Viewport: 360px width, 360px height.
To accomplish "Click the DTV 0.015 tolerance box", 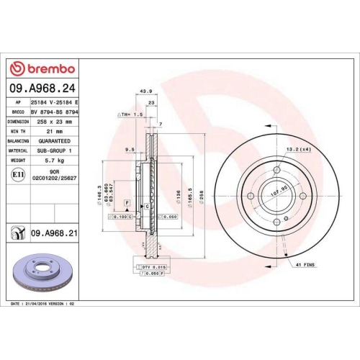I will click(x=150, y=266).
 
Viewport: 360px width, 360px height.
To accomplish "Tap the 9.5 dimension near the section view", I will click(x=130, y=149).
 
